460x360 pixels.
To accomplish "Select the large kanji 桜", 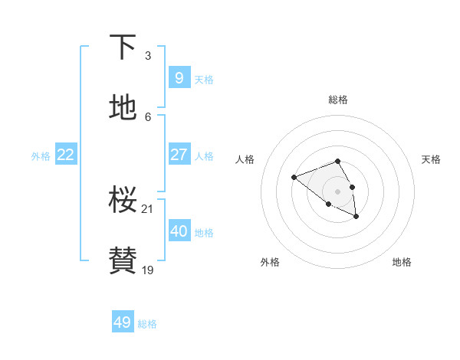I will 123,199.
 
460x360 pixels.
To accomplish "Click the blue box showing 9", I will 179,77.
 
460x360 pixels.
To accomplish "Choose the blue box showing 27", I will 179,155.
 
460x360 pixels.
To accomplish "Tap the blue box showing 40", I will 179,231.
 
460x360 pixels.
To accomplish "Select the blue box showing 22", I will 66,155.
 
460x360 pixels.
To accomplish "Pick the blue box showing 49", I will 123,322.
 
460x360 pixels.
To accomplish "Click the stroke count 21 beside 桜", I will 148,208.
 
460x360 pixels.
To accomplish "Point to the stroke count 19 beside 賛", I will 148,270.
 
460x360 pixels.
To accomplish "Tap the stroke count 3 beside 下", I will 148,55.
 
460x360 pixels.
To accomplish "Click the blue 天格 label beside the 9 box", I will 204,80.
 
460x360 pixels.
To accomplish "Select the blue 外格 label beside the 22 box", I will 41,156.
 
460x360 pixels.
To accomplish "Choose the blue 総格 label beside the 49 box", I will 147,324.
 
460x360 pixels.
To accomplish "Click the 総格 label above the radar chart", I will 338,100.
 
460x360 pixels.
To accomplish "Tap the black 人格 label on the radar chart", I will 245,159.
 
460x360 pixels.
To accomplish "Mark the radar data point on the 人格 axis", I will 294,178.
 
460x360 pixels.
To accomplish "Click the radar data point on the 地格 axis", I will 356,217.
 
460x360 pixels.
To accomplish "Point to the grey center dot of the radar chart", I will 337,191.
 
